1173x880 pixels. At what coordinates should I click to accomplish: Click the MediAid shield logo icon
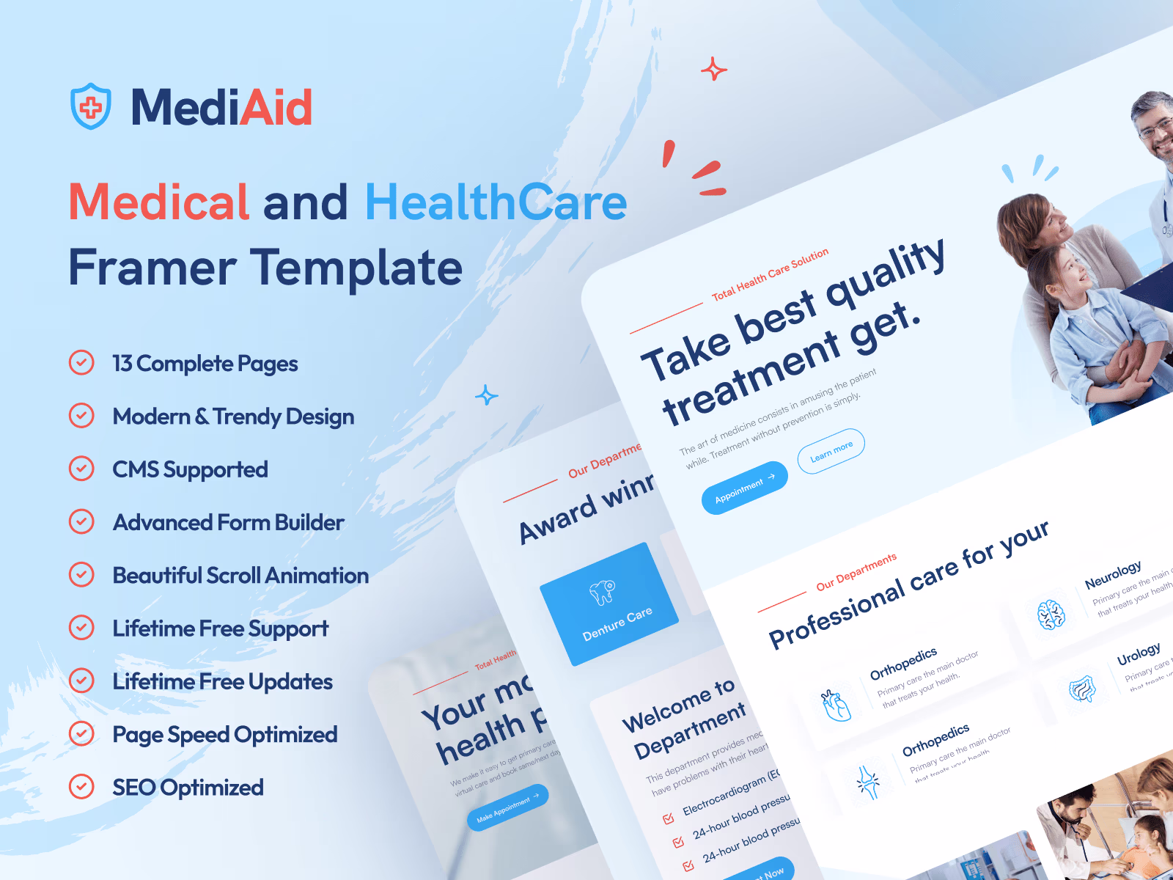click(x=91, y=107)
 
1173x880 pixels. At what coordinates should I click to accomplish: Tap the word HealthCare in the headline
click(x=496, y=202)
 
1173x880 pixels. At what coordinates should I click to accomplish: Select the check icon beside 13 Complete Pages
click(x=81, y=363)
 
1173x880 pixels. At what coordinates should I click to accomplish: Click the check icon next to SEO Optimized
click(x=81, y=787)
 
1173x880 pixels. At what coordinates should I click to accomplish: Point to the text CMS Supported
click(x=190, y=469)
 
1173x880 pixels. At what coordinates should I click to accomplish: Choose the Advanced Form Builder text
click(x=228, y=522)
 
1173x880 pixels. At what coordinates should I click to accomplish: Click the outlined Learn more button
click(x=831, y=451)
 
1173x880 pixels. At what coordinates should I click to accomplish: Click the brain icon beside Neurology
click(x=1051, y=615)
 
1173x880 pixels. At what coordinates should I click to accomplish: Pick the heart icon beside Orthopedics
click(x=836, y=706)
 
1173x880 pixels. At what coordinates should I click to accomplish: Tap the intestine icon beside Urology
click(x=1082, y=689)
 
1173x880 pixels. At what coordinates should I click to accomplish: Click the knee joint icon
click(x=869, y=782)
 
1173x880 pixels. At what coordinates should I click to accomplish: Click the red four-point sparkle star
click(x=713, y=70)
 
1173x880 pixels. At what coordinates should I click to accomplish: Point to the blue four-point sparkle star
click(x=486, y=396)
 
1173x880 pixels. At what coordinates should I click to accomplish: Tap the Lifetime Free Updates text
click(x=222, y=681)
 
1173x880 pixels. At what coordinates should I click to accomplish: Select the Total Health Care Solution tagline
click(x=770, y=274)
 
